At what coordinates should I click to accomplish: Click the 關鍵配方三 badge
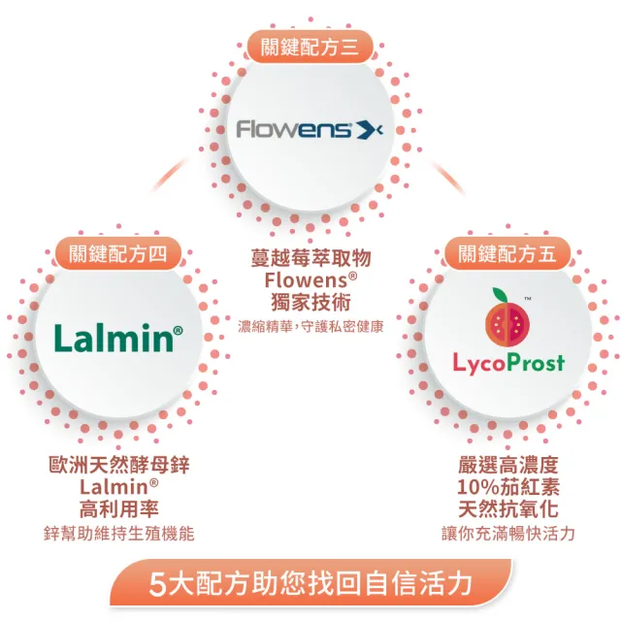310,46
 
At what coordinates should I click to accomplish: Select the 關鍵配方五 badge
507,254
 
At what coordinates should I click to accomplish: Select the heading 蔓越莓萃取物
310,259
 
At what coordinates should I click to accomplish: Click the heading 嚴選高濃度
508,465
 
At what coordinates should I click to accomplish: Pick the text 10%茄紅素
508,486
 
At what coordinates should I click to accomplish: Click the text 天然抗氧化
508,507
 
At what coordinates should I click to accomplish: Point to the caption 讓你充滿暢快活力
508,533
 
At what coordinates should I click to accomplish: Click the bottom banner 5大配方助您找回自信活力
311,584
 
